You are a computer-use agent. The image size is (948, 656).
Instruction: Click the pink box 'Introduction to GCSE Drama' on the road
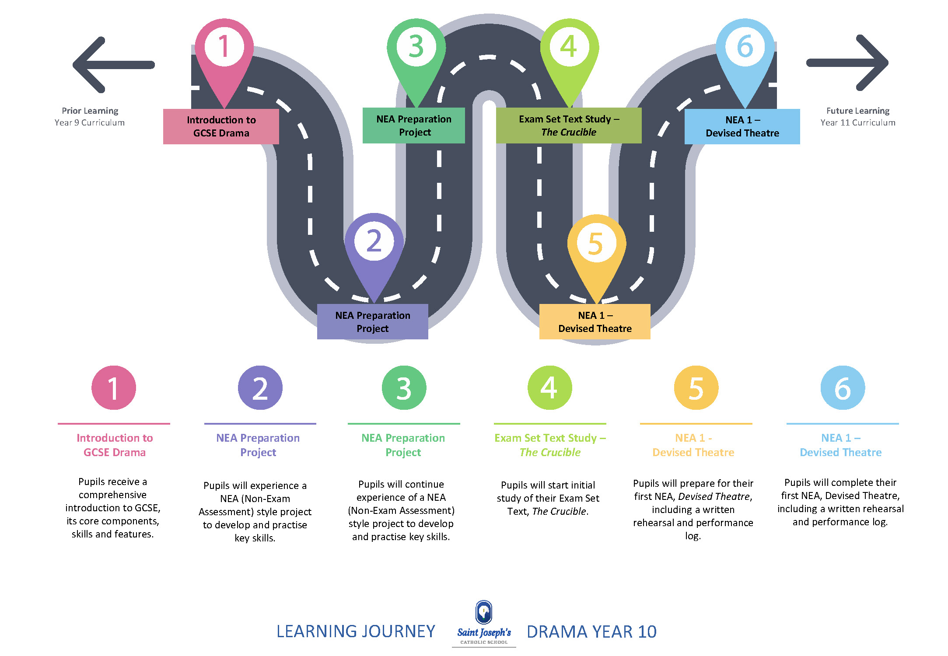(x=221, y=126)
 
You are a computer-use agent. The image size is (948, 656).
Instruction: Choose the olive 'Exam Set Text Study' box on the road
(x=569, y=126)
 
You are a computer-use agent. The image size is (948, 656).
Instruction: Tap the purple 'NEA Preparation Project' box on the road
(x=373, y=322)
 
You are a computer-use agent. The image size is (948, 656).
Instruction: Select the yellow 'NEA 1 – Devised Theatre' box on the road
(x=595, y=322)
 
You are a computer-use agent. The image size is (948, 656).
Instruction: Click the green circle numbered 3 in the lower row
(x=404, y=388)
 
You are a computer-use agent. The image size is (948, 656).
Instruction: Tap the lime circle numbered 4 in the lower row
(x=550, y=388)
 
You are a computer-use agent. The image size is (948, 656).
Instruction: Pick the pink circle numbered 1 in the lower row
(x=114, y=388)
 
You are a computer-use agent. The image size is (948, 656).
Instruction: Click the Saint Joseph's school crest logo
(x=484, y=612)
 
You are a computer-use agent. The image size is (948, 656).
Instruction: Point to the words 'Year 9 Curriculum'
(x=90, y=123)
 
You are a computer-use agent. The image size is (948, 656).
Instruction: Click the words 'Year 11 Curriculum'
(x=858, y=123)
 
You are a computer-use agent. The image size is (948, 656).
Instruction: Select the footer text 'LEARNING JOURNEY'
(x=356, y=632)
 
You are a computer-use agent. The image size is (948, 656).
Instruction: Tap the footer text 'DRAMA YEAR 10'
(x=591, y=632)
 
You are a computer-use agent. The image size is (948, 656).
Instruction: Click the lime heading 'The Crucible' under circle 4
(x=550, y=453)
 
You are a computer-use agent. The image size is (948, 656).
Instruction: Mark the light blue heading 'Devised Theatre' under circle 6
(x=840, y=453)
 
